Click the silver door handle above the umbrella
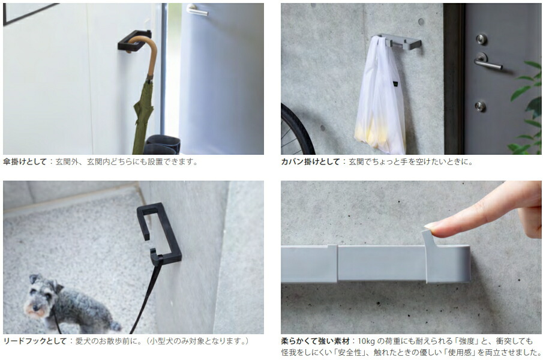[x=196, y=10]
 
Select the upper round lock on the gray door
[x=481, y=39]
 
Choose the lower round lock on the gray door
[x=481, y=106]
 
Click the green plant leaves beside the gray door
[x=527, y=108]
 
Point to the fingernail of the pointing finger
[x=431, y=226]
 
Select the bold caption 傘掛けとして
[x=25, y=162]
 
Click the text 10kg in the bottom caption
[x=367, y=341]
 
